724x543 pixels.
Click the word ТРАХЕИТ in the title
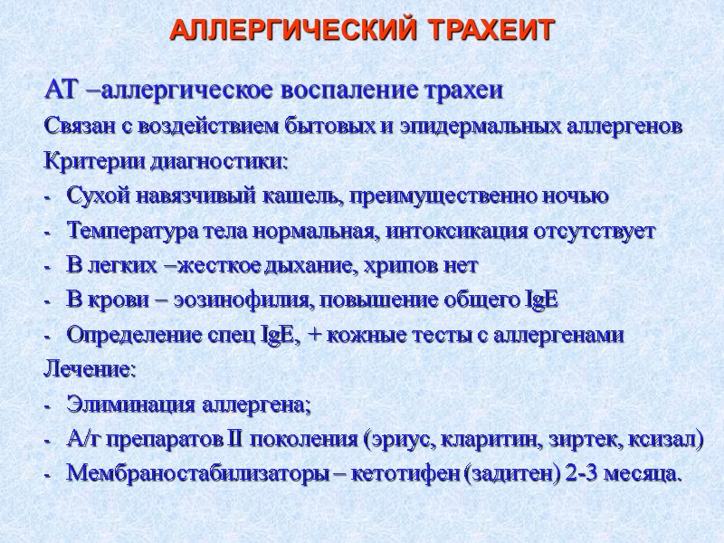(489, 30)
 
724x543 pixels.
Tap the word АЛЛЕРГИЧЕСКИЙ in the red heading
(293, 30)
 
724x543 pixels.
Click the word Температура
(126, 230)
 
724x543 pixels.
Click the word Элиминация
(121, 405)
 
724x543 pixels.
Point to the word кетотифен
(413, 474)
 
